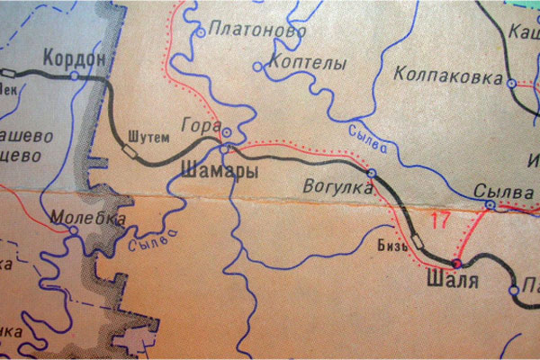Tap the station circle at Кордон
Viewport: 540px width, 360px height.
[75, 76]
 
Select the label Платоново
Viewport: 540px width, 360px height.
[244, 30]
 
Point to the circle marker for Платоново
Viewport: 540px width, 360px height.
[200, 32]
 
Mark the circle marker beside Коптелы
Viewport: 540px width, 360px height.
[259, 66]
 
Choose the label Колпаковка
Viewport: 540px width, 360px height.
[447, 77]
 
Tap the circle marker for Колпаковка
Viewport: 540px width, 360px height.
[511, 84]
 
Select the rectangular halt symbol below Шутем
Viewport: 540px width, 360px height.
[130, 154]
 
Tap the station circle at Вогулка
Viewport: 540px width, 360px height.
[371, 172]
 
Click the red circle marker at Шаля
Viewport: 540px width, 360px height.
[455, 264]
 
